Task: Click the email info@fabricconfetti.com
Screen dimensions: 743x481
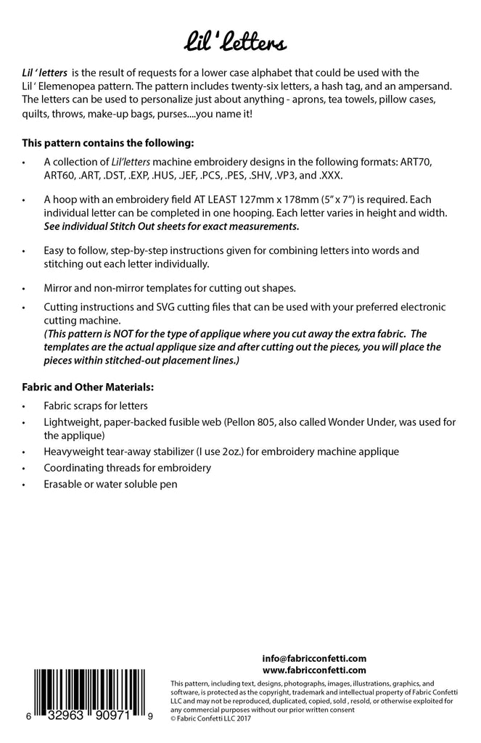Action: [x=314, y=658]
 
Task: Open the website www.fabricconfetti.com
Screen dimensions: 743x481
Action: [x=314, y=670]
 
